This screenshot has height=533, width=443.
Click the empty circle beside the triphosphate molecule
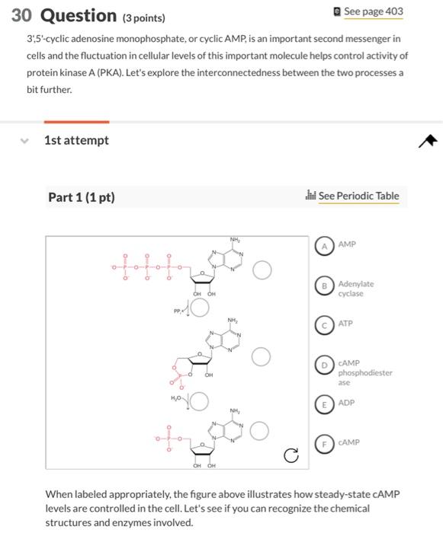coord(262,270)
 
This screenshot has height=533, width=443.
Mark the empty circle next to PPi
coord(199,308)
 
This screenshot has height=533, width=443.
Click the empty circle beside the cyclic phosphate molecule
coord(262,356)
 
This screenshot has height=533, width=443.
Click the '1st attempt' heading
coord(76,140)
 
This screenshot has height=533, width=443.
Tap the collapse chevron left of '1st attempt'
coord(24,140)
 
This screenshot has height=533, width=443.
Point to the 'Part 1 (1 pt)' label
coord(82,197)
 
